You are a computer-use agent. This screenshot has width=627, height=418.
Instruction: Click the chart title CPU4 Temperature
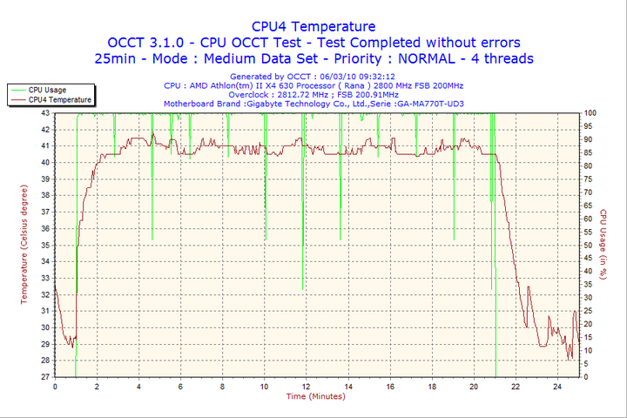click(x=313, y=27)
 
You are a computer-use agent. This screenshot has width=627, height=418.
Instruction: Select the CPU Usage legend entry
click(x=47, y=90)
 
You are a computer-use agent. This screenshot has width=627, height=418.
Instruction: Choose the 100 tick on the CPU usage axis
click(x=590, y=113)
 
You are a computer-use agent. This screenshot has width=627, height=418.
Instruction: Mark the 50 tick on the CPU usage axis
click(x=589, y=246)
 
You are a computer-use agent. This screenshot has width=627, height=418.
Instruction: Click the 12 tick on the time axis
click(x=307, y=386)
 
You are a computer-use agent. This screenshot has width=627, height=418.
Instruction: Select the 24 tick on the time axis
click(x=558, y=386)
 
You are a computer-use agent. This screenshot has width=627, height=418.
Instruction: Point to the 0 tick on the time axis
click(x=55, y=386)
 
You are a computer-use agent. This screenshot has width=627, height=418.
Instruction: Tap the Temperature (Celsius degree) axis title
click(x=24, y=245)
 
